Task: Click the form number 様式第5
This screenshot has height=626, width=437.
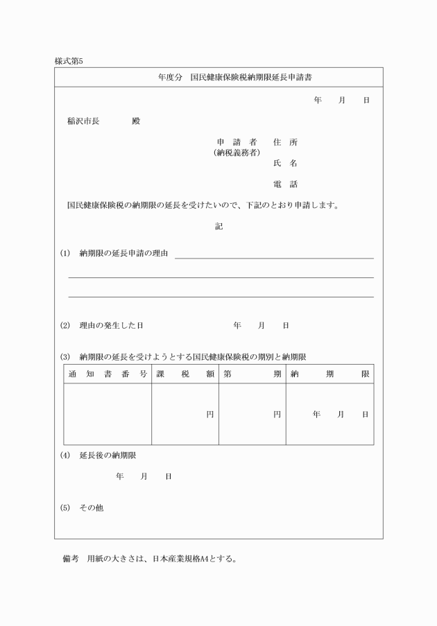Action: point(69,61)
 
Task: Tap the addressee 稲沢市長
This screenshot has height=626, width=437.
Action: point(83,121)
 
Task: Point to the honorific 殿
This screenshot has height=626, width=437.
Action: point(135,121)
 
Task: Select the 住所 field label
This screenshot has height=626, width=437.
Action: point(285,142)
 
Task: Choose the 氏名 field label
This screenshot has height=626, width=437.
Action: point(285,164)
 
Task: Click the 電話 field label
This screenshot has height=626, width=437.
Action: point(285,184)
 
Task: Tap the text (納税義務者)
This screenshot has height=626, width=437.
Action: point(237,152)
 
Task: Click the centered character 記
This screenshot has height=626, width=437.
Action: point(218,225)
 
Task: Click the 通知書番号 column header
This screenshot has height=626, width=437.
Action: point(108,374)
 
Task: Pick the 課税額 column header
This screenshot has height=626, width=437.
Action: point(185,374)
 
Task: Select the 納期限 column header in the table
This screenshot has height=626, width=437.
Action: point(329,374)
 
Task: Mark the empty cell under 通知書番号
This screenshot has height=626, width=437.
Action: point(108,414)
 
